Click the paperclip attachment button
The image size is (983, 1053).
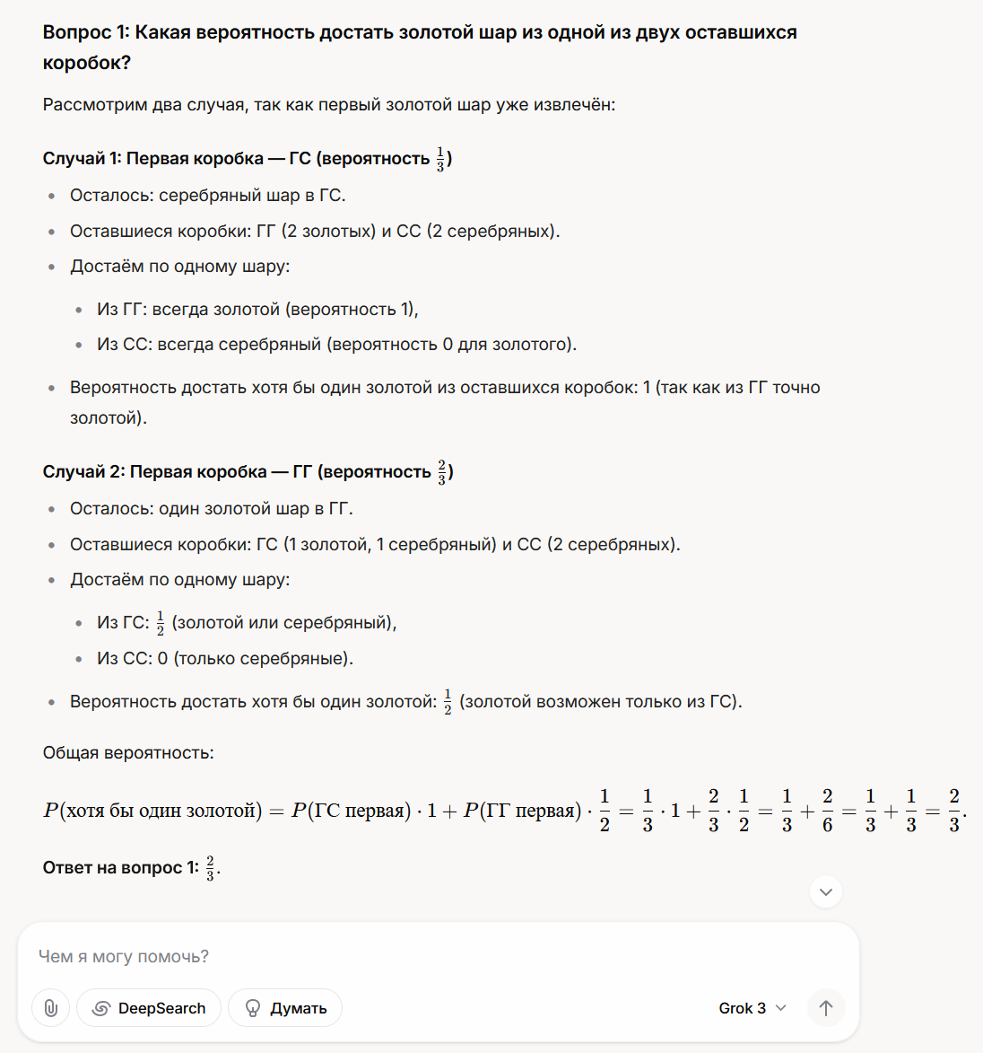tap(51, 1008)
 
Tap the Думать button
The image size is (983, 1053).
tap(285, 1008)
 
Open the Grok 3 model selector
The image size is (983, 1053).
tap(752, 1008)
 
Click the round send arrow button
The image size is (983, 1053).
tap(826, 1008)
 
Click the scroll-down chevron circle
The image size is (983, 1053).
tap(826, 892)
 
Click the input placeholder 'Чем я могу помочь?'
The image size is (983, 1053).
tap(124, 957)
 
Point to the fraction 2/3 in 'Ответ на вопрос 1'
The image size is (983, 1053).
tap(211, 868)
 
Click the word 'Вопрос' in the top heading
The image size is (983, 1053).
tap(77, 33)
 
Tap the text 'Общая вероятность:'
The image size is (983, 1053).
tap(128, 753)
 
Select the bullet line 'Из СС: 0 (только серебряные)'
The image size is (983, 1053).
tap(225, 659)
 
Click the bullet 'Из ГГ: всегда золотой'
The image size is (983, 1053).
tap(257, 310)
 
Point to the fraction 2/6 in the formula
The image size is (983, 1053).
tap(827, 811)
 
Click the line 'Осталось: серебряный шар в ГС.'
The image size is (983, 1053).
tap(207, 196)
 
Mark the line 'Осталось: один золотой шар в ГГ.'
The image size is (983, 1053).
tap(212, 509)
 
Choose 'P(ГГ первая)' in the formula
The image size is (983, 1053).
tap(519, 811)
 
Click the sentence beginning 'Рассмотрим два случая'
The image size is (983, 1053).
tap(328, 105)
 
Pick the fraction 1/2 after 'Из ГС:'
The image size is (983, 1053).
tap(161, 623)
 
